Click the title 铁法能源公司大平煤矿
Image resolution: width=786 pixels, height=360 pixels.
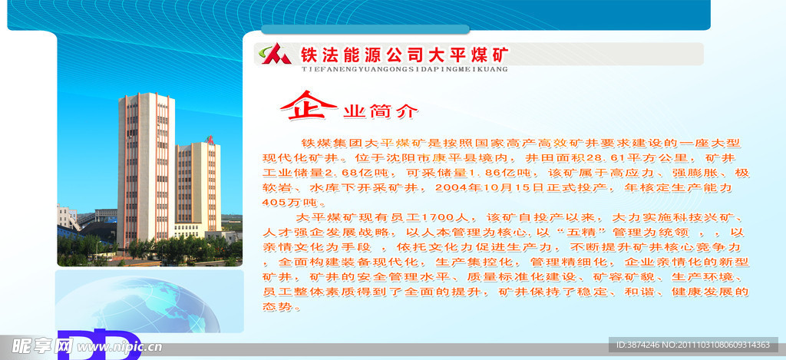[x=404, y=54]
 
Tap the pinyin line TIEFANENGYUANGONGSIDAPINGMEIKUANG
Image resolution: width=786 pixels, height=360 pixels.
[x=395, y=69]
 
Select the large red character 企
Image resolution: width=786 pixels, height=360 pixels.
[x=308, y=106]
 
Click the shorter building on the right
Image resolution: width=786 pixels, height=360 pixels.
[x=197, y=184]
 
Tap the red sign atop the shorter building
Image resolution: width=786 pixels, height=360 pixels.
[x=209, y=139]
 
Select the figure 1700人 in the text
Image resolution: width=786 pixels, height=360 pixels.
[x=441, y=217]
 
